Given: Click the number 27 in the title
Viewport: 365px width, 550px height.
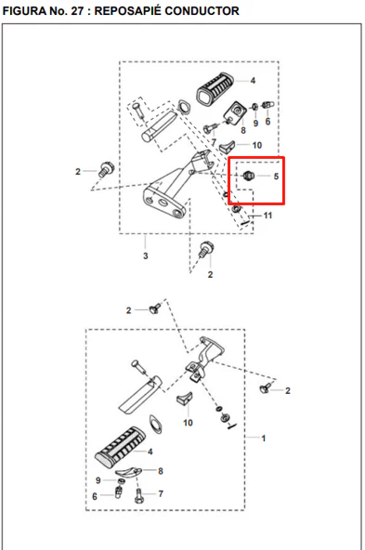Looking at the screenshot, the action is tap(77, 11).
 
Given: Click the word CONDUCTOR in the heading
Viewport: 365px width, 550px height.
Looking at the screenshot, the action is tap(202, 11).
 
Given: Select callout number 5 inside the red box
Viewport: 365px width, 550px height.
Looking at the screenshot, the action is tap(276, 177).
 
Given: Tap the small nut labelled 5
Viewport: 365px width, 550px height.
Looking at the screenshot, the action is tap(248, 175).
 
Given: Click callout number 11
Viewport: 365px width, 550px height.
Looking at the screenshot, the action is tap(267, 216).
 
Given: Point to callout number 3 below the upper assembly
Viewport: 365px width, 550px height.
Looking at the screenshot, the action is tap(146, 256).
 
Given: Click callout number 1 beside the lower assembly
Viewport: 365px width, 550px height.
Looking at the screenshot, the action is tap(264, 439).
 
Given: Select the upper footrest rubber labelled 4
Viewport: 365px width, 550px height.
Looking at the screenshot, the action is tap(215, 89).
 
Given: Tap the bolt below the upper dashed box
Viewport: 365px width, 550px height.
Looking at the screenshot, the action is tap(206, 249).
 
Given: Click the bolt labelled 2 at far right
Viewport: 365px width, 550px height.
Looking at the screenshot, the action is tap(266, 388).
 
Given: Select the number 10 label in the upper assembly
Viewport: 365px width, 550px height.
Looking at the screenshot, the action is tap(257, 145).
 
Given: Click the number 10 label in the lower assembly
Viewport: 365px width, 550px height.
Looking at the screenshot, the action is tap(188, 423).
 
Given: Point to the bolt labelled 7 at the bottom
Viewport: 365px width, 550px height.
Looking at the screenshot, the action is tap(138, 495).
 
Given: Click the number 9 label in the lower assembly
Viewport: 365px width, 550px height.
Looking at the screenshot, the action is tap(98, 480).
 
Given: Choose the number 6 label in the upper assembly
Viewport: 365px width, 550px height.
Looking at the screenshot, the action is tap(267, 122).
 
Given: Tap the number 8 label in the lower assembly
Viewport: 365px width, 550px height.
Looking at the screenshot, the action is tap(161, 471).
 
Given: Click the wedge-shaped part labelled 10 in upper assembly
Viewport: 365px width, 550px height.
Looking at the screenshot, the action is tap(228, 146).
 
